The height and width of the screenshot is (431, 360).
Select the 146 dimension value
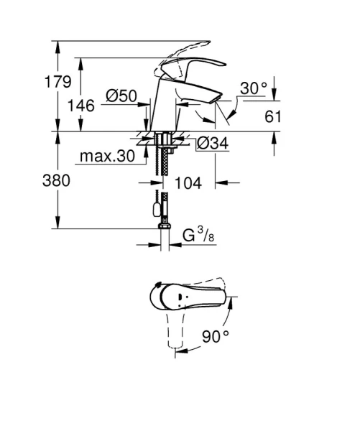(x=82, y=105)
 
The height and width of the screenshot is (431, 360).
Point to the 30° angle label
(x=253, y=88)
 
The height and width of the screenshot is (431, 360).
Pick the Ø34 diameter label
(x=213, y=144)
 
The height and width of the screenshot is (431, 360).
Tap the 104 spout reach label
(x=188, y=182)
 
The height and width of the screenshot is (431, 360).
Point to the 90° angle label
(x=216, y=335)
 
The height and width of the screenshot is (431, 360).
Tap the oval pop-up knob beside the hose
(x=153, y=210)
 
